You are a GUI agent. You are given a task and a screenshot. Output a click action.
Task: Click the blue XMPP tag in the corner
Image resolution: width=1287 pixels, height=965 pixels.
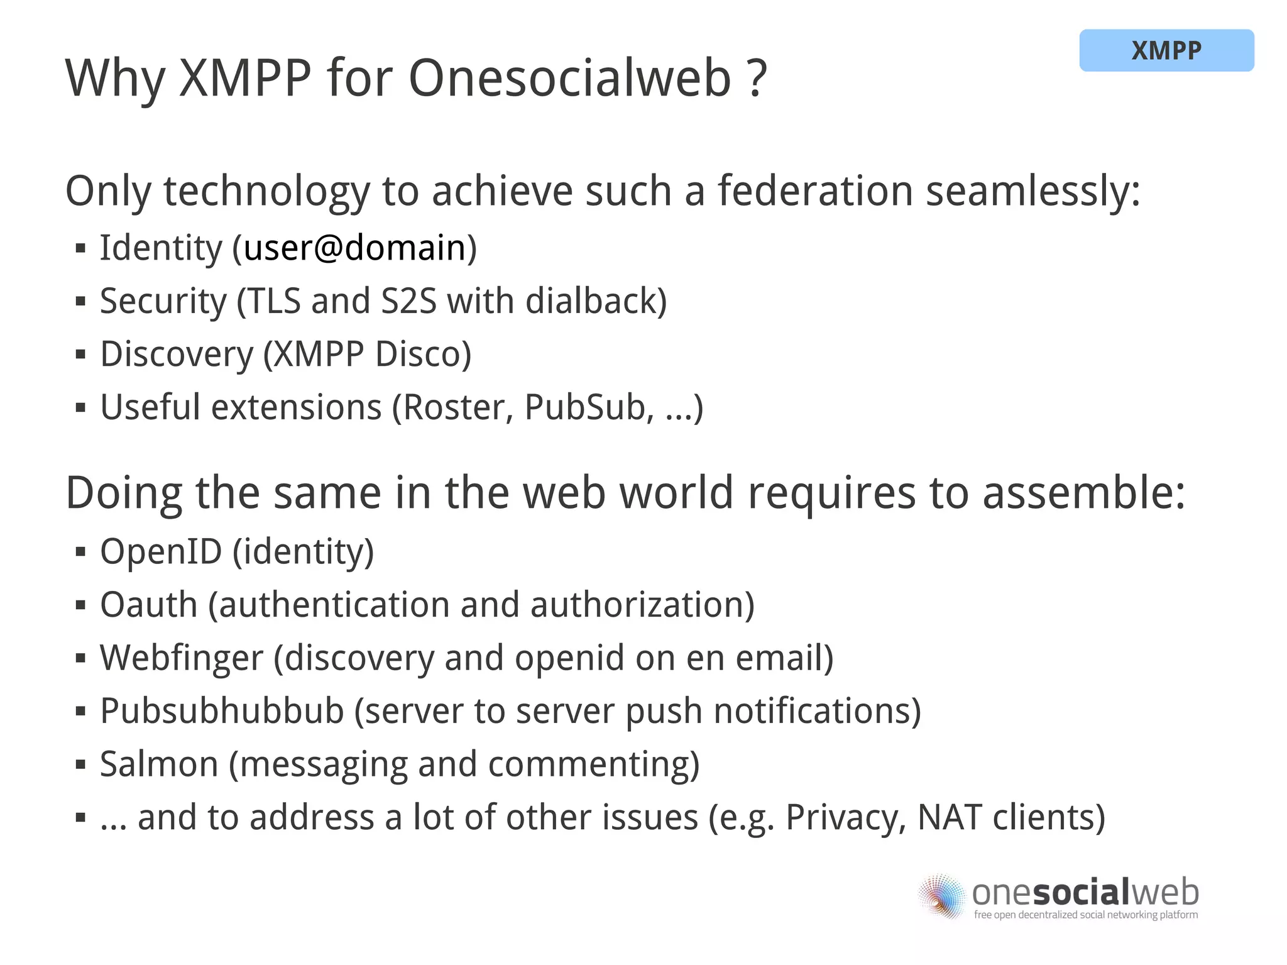[x=1166, y=50]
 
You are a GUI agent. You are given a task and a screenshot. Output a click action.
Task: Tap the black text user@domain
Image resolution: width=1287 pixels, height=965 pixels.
[x=354, y=248]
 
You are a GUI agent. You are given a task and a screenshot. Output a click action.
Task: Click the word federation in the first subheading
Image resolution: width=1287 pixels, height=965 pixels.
[x=815, y=190]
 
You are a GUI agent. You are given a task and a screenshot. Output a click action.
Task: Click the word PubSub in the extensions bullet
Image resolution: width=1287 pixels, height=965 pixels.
[x=585, y=407]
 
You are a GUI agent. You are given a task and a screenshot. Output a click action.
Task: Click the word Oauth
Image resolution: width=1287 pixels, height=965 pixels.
[x=149, y=605]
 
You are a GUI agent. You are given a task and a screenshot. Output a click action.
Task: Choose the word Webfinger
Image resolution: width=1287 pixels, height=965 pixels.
[x=181, y=658]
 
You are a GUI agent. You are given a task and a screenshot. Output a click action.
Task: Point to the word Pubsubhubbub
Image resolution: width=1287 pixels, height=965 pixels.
[x=222, y=711]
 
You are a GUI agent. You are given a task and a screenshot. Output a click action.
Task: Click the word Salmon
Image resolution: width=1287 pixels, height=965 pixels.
[x=158, y=764]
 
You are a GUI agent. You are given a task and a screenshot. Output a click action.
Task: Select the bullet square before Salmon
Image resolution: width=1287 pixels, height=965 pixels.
[x=80, y=765]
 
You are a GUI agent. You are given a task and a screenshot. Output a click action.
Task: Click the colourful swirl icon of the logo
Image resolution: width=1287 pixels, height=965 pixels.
[x=941, y=896]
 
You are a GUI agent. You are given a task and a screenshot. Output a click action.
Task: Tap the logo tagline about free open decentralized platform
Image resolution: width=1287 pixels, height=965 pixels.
[x=1085, y=915]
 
